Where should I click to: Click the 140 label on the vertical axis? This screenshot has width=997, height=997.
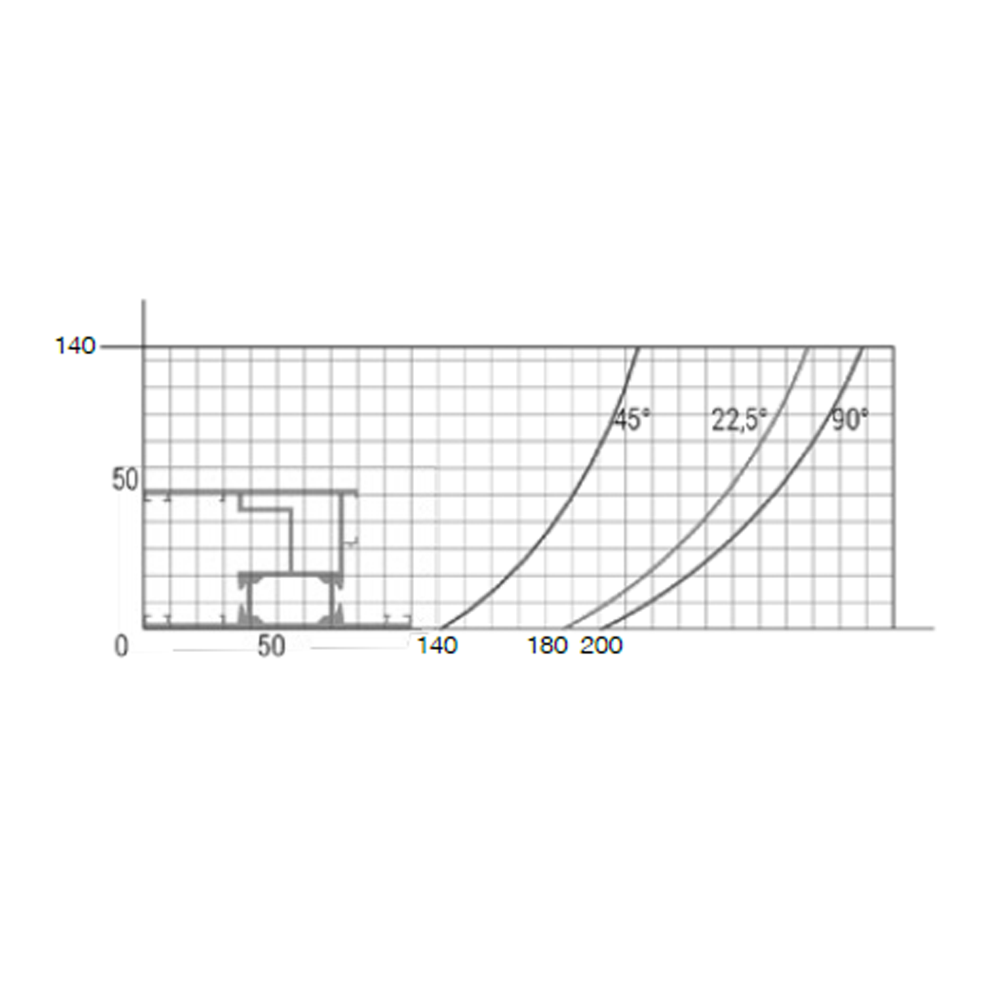click(x=75, y=346)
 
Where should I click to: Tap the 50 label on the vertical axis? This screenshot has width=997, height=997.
click(x=125, y=479)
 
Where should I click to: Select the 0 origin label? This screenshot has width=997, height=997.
click(x=121, y=646)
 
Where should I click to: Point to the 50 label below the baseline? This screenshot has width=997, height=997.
click(x=271, y=646)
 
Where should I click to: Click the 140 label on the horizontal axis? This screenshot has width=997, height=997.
click(x=437, y=645)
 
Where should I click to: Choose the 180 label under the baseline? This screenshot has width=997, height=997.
click(x=548, y=645)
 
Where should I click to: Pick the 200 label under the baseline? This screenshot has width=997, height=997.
click(x=602, y=645)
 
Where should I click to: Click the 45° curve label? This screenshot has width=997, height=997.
click(x=631, y=420)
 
